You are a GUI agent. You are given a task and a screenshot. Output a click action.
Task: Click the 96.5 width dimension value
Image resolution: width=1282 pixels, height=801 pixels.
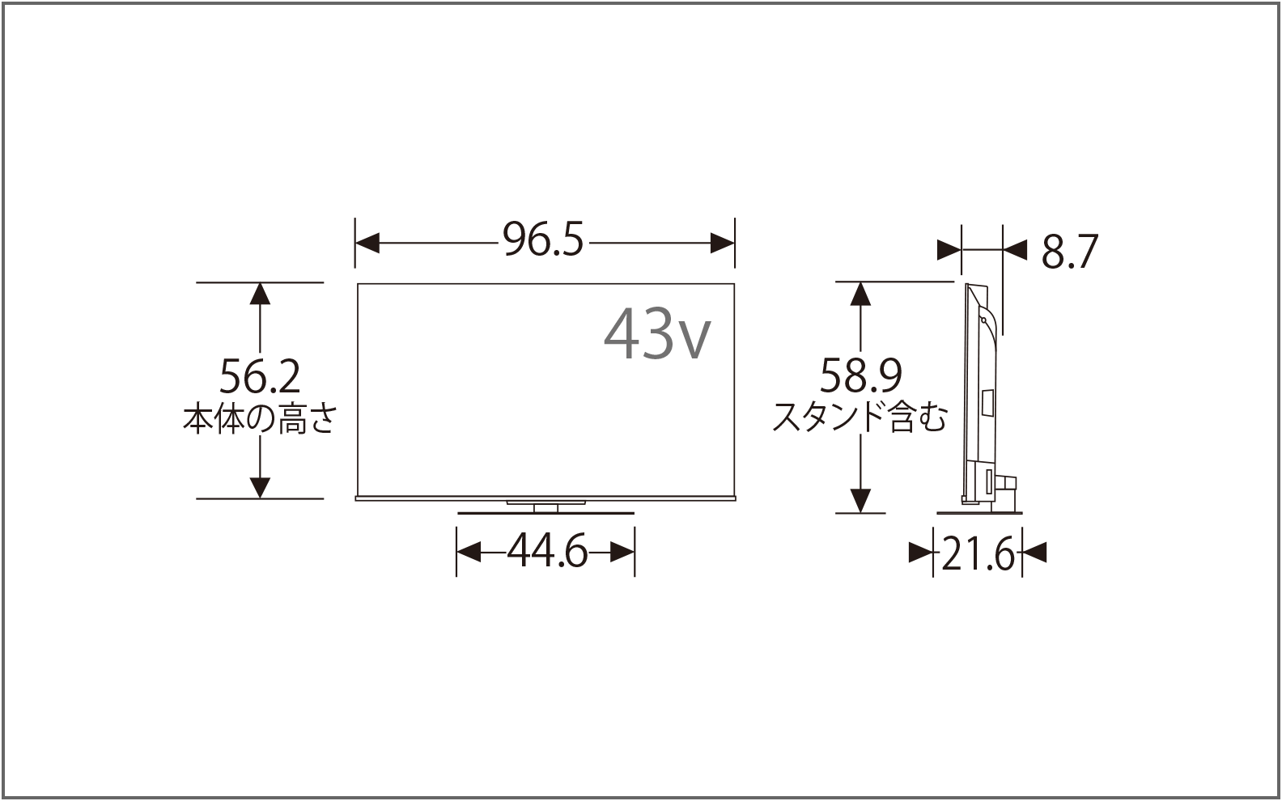point(543,241)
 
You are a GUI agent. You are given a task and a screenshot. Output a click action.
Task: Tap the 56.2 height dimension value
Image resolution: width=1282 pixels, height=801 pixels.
point(260,376)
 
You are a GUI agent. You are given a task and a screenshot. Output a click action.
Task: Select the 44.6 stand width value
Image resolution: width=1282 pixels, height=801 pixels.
point(547,553)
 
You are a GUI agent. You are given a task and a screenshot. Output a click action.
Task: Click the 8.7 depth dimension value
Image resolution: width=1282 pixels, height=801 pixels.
point(1069,252)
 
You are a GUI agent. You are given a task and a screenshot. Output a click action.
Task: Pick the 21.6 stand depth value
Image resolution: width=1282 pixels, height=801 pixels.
point(978,555)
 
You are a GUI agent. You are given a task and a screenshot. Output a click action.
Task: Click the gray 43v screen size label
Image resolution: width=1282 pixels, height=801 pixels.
point(657,333)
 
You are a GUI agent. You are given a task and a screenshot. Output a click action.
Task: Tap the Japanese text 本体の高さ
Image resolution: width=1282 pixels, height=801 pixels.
point(259,419)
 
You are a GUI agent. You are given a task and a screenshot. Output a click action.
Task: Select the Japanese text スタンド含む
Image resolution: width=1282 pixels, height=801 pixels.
point(860,417)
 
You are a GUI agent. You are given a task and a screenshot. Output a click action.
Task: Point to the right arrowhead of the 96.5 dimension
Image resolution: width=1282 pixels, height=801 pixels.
point(722,242)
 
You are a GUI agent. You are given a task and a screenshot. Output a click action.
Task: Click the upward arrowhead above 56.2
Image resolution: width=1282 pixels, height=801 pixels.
point(259,293)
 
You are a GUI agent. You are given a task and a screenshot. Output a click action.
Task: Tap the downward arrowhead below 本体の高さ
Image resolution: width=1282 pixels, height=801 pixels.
point(259,487)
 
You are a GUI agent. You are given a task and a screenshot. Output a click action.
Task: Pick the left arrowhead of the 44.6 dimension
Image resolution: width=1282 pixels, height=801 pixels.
point(469,553)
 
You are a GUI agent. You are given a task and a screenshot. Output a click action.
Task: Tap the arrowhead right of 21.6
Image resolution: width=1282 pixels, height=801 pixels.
point(1035,553)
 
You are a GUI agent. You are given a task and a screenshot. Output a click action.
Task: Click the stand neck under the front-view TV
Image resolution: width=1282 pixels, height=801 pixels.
point(545,507)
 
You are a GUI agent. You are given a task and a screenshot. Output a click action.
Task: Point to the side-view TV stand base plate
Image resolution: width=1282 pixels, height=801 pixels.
point(978,511)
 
